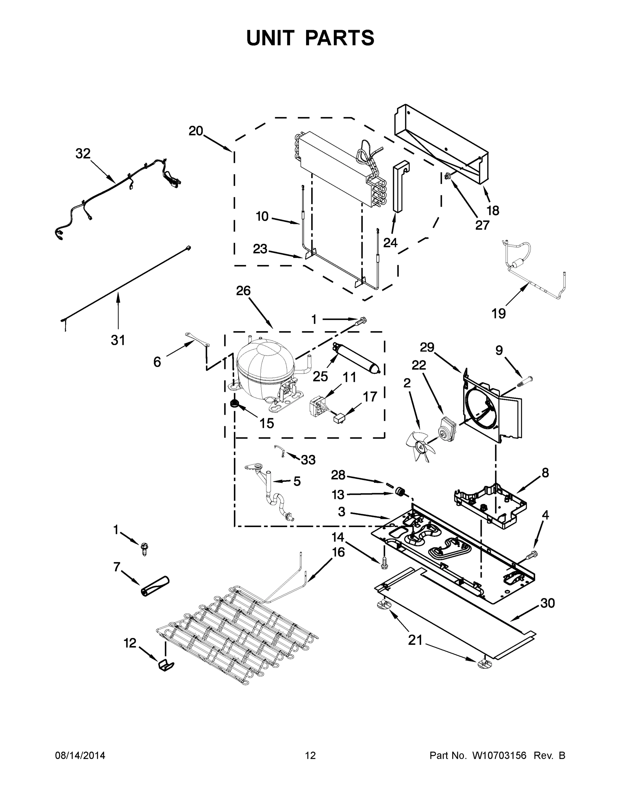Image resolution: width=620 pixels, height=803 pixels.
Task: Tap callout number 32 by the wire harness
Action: point(83,154)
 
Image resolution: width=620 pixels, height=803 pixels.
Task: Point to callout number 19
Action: point(499,313)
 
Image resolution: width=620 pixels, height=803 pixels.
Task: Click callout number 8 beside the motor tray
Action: point(545,472)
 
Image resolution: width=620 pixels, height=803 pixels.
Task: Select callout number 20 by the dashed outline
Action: point(196,131)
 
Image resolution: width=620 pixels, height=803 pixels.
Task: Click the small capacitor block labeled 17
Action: point(339,418)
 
